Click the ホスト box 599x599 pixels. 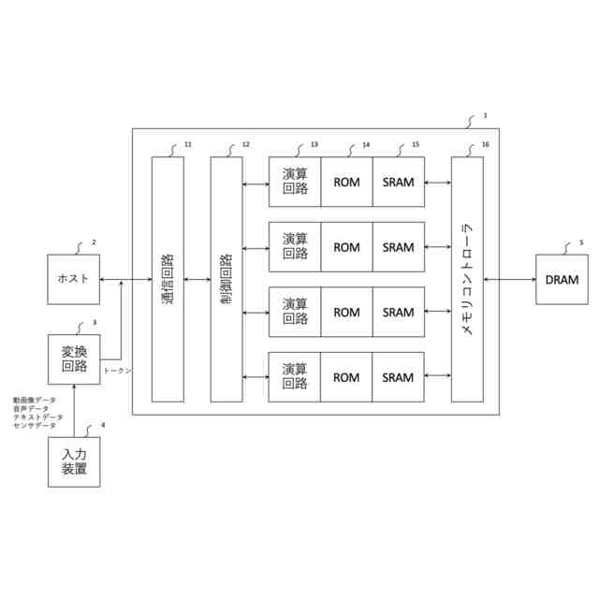point(74,279)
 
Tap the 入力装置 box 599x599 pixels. point(74,462)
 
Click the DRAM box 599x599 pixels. point(562,279)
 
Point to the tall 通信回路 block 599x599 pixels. point(168,279)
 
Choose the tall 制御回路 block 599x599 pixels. point(226,279)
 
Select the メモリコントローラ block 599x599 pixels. point(467,279)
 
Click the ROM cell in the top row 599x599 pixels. point(346,183)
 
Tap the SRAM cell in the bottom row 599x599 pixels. point(399,377)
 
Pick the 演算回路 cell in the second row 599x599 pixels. point(295,247)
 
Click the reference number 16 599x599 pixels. point(484,144)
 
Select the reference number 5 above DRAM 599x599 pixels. point(581,242)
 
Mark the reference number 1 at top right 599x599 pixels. point(486,116)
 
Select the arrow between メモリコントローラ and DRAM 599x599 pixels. point(509,279)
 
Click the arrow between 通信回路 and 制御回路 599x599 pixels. point(197,279)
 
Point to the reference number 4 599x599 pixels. point(103,426)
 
